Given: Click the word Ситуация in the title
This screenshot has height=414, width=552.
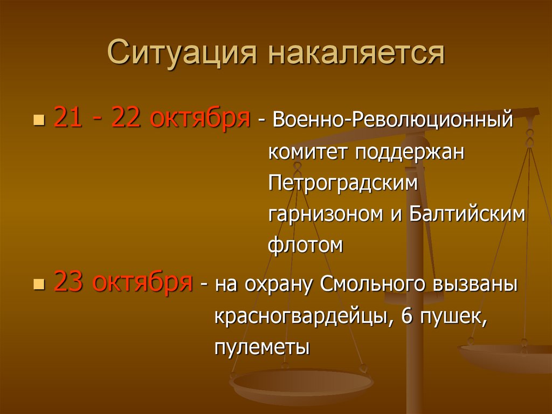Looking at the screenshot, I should coord(181,54).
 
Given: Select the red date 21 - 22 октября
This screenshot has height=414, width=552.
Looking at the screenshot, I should coord(151,118).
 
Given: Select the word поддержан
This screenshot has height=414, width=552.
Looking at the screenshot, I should coord(410,153).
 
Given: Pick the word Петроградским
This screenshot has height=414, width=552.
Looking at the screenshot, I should coord(343,183).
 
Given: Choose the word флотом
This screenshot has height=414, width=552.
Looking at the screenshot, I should coord(305,246).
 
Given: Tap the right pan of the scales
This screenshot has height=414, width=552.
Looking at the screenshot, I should coord(507,356).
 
